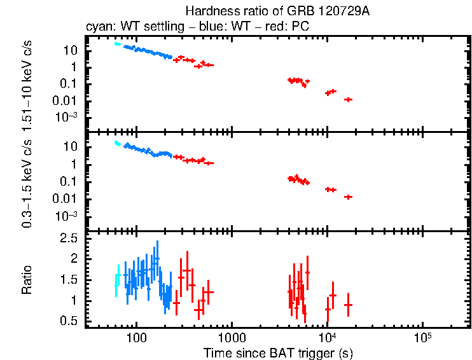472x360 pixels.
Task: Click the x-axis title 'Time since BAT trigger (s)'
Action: [x=278, y=352]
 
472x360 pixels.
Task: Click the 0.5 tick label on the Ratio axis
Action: [x=69, y=321]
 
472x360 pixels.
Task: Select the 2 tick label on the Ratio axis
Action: [x=74, y=259]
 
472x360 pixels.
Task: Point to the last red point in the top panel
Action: [x=348, y=99]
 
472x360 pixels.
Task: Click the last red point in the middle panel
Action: [x=348, y=197]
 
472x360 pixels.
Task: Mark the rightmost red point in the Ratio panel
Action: [x=348, y=305]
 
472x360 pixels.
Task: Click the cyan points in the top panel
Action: [x=117, y=44]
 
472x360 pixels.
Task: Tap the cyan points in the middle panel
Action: [x=117, y=143]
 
